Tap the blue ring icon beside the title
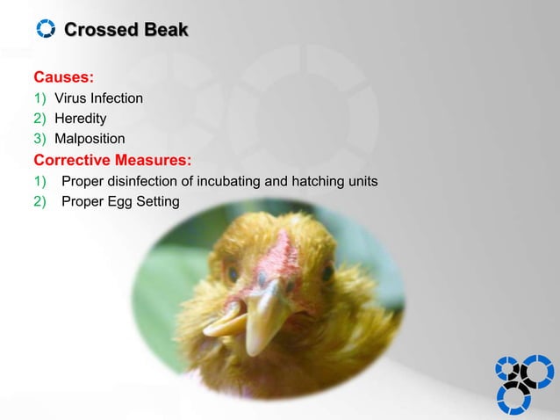click(x=45, y=30)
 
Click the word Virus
click(x=72, y=97)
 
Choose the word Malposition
click(x=90, y=139)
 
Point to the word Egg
click(x=119, y=203)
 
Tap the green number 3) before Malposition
click(x=40, y=139)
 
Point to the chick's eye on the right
click(x=327, y=273)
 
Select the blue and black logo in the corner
click(x=523, y=383)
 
